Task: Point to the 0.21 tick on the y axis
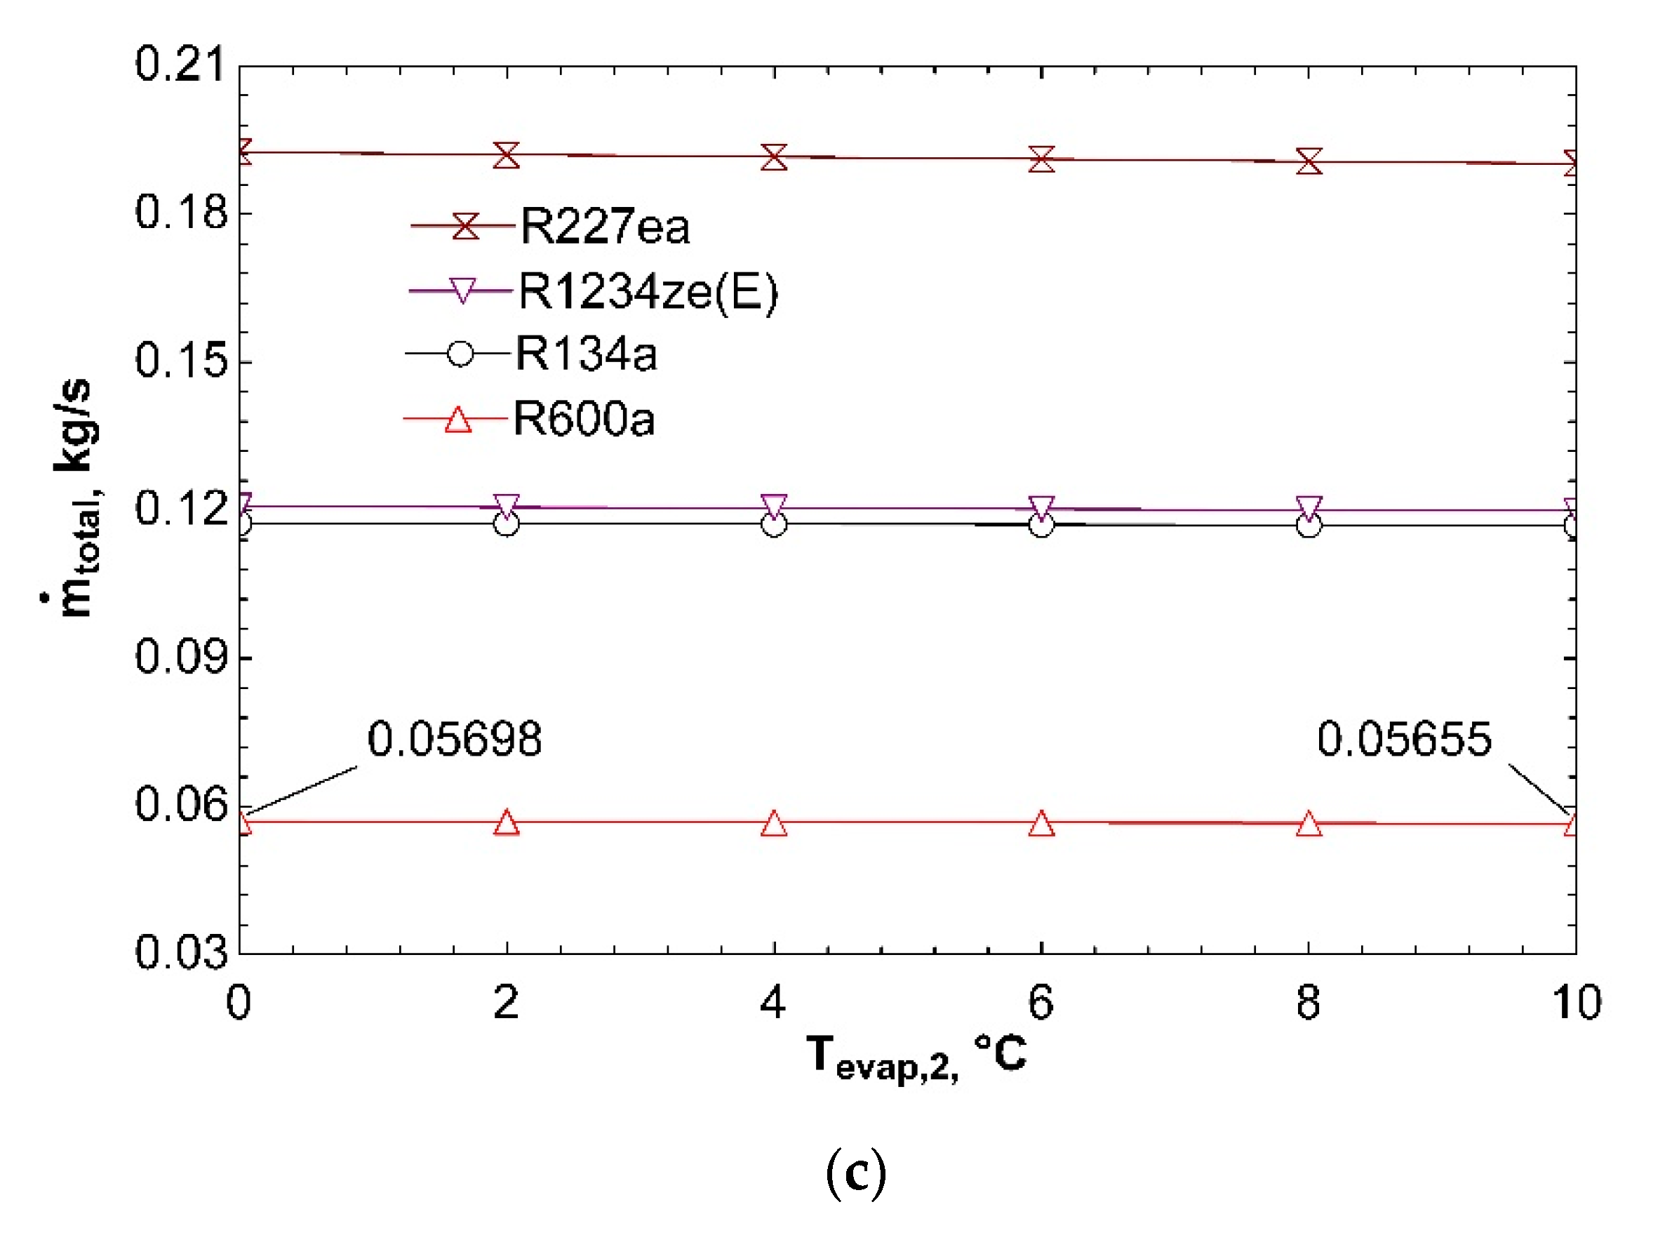click(180, 65)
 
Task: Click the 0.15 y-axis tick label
click(180, 361)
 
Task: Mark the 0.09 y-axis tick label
click(180, 657)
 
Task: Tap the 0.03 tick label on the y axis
click(180, 953)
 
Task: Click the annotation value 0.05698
click(455, 740)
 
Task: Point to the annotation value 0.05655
click(1404, 740)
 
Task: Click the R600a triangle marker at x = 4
click(775, 824)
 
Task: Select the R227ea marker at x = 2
click(507, 156)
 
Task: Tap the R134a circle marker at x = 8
click(1309, 526)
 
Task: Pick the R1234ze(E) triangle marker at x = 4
click(775, 506)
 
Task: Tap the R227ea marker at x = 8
click(1309, 161)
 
